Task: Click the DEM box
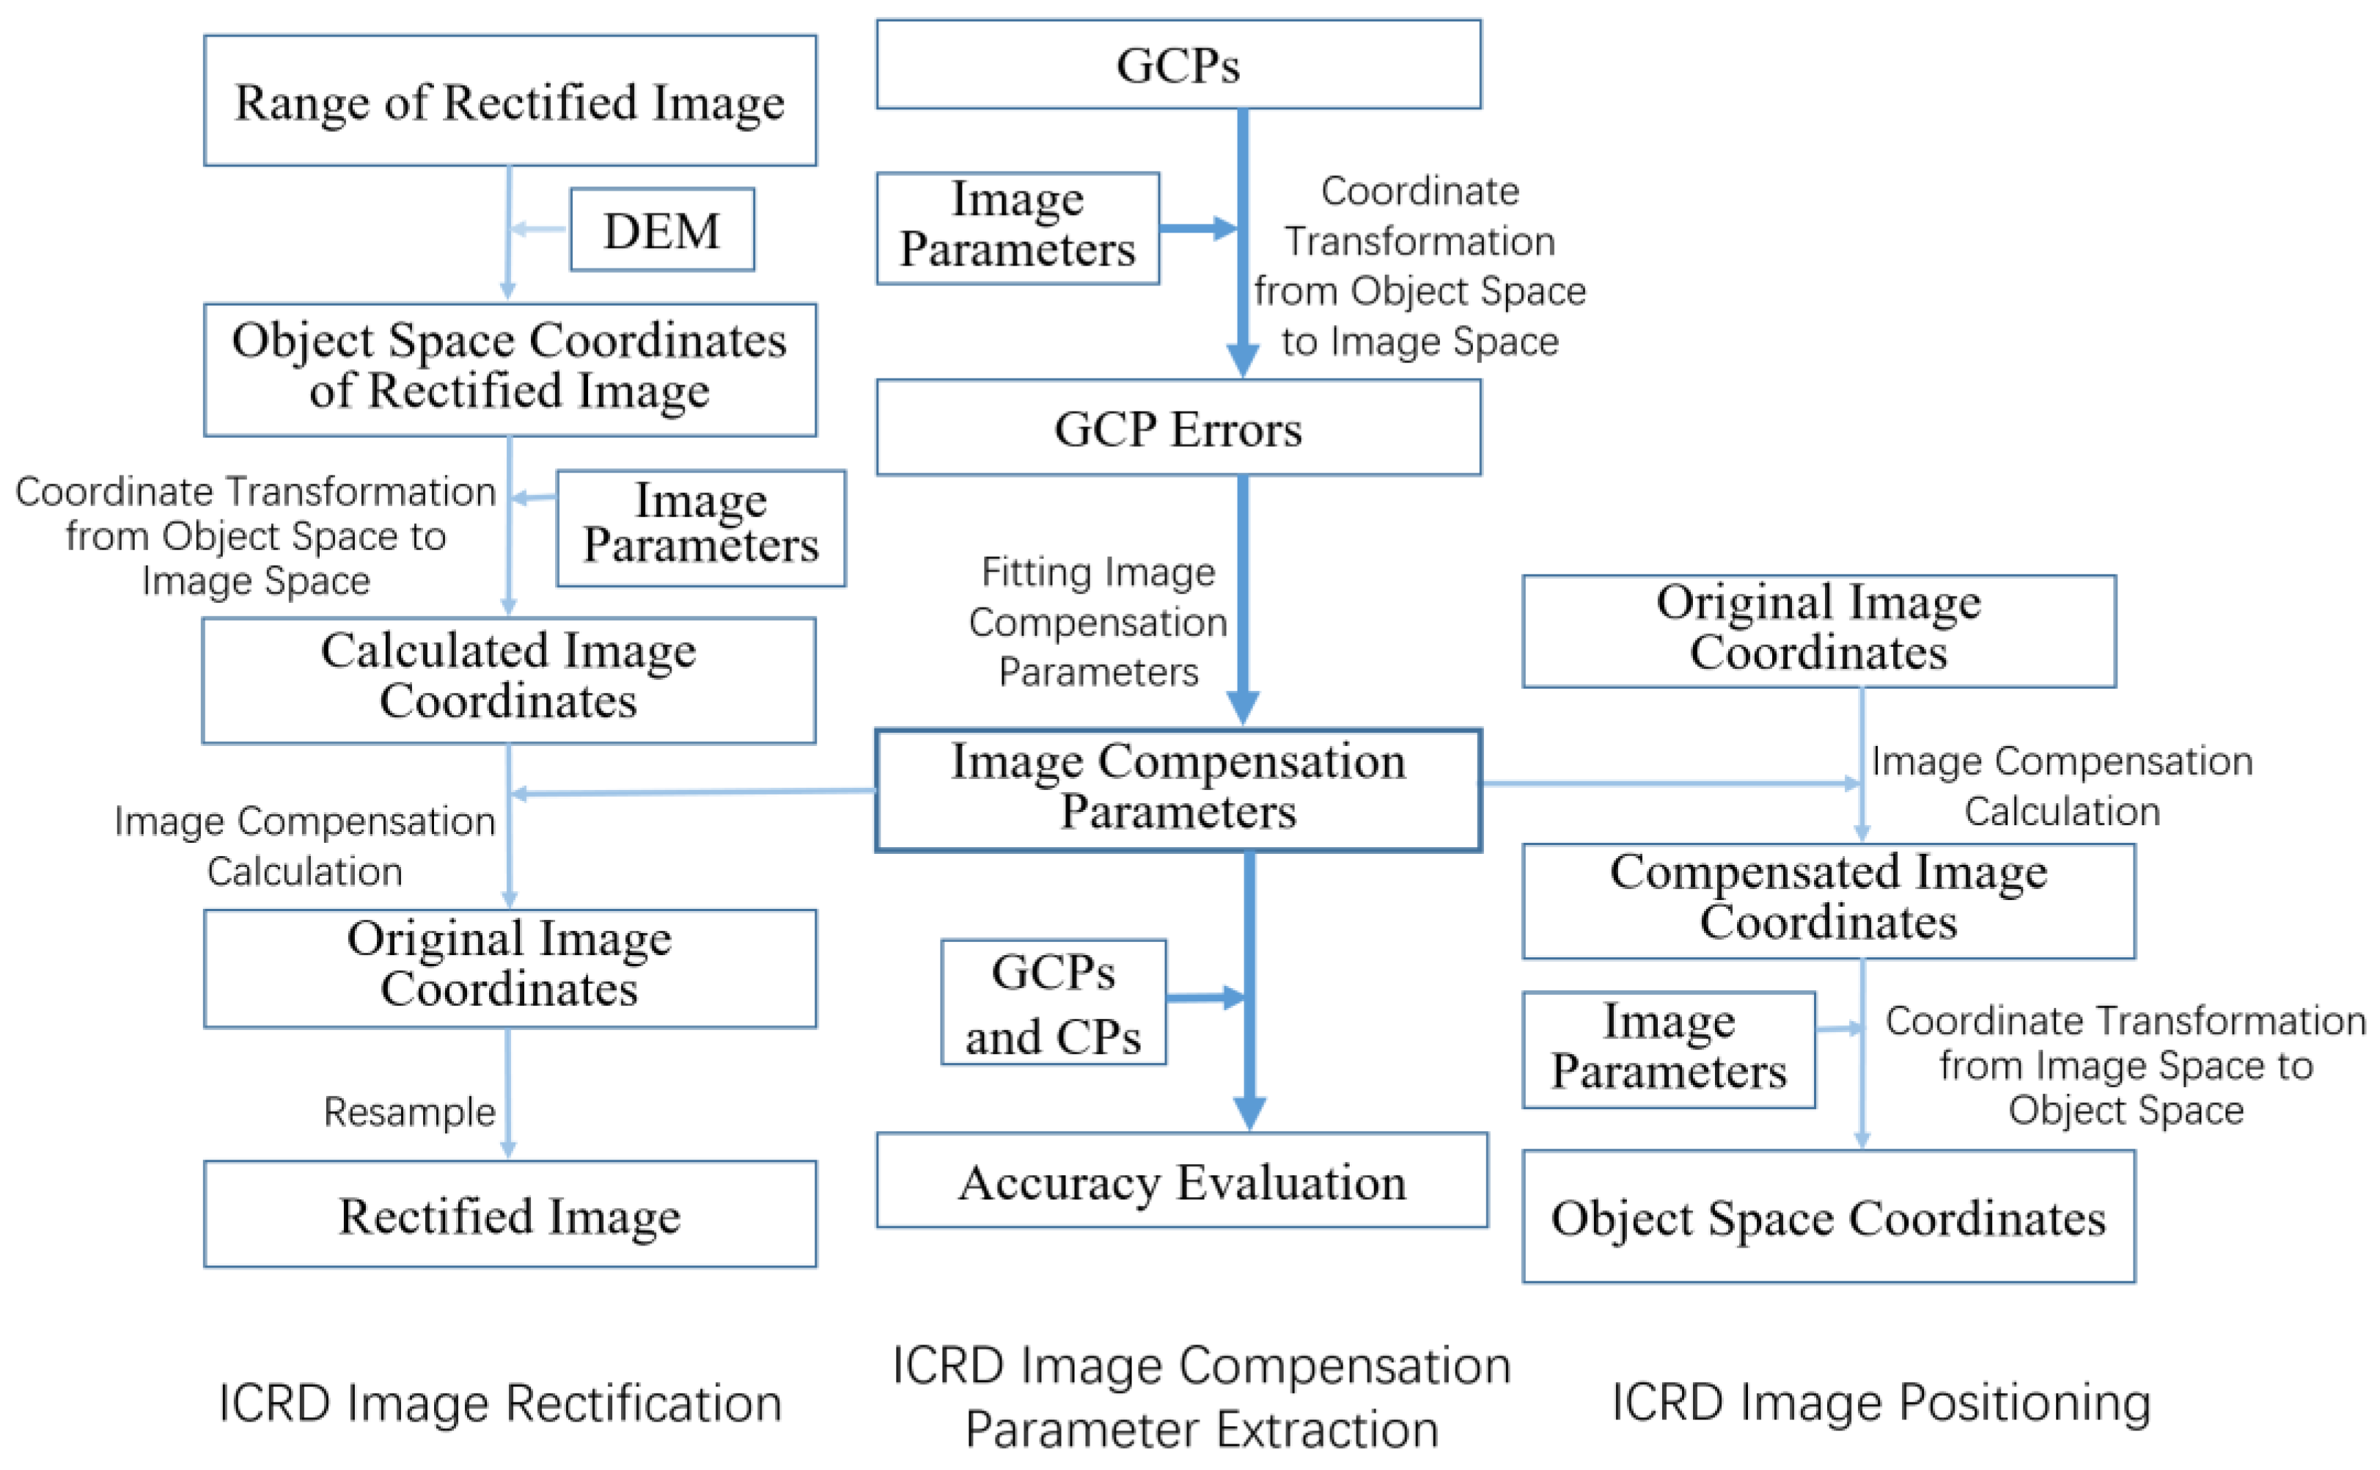pos(662,230)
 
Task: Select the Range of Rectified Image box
pos(510,101)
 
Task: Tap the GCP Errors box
pos(1178,428)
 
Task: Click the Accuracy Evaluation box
pos(1182,1180)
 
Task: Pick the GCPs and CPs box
pos(1054,1002)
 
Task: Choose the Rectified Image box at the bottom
pos(510,1214)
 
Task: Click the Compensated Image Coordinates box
pos(1828,902)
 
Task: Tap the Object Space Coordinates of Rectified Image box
pos(510,370)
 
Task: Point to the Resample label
pos(409,1111)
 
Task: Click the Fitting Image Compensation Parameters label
pos(1098,622)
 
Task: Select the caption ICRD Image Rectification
pos(501,1403)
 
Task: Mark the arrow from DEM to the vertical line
pos(537,230)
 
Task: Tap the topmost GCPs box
pos(1178,64)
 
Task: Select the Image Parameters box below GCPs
pos(1018,228)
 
